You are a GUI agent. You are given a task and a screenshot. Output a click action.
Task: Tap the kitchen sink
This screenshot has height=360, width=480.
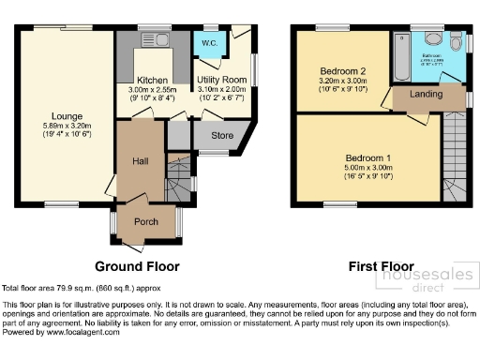tap(150, 39)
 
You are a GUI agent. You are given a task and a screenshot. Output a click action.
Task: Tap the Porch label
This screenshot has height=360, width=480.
tap(145, 222)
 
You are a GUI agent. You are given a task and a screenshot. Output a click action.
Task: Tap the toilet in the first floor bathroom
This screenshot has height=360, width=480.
tap(456, 44)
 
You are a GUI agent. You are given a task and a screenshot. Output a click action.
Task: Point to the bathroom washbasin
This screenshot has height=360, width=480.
tap(433, 38)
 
